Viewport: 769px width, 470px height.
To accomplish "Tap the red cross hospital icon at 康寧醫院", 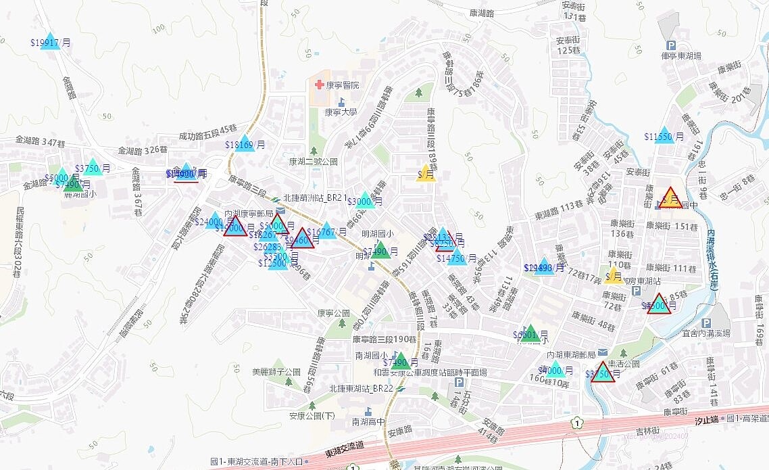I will tap(320, 86).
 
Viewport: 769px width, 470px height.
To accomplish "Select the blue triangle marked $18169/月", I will tap(245, 143).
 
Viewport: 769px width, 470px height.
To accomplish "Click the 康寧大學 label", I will tap(341, 112).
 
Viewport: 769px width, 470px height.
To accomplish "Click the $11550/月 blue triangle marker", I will tap(664, 135).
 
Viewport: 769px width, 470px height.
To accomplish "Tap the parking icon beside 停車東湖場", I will tap(672, 45).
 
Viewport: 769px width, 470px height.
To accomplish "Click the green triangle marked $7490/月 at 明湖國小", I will tap(380, 250).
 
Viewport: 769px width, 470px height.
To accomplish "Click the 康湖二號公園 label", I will tap(313, 162).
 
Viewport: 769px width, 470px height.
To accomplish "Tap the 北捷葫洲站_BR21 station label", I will tap(315, 198).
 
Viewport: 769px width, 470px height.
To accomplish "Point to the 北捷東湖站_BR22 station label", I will tap(361, 389).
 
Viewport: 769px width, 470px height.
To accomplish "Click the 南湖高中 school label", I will tap(368, 421).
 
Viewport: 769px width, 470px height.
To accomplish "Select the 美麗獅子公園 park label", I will tap(276, 372).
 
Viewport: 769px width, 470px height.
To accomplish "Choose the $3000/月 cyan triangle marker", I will tap(365, 201).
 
